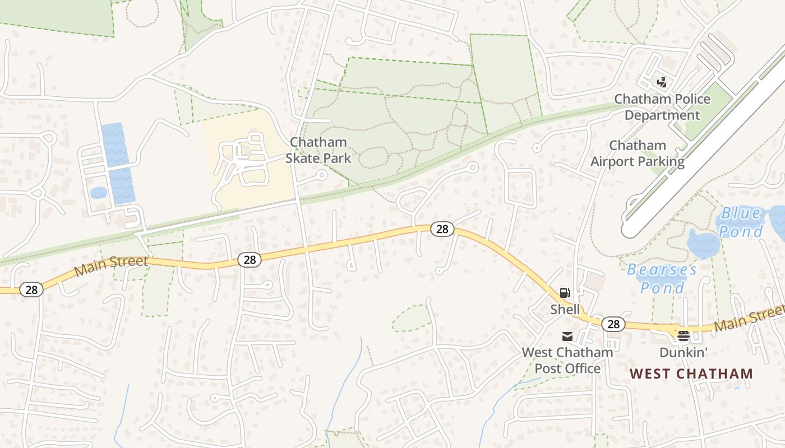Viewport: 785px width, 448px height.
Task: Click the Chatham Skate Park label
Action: pos(318,150)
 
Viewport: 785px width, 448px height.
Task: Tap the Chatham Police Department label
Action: pos(662,107)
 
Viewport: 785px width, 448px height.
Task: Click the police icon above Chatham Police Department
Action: pos(662,82)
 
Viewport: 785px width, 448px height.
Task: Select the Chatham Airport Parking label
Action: pos(638,153)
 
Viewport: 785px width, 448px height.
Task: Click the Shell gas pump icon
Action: pos(565,293)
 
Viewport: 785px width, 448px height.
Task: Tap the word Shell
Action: pos(565,309)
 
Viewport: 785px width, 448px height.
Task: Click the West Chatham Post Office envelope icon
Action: pos(567,337)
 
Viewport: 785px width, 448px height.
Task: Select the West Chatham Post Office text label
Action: pos(567,360)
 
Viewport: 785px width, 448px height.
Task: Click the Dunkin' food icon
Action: pos(683,336)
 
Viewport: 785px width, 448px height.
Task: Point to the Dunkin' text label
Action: pos(683,352)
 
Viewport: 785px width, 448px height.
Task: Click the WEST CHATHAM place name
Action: pos(691,374)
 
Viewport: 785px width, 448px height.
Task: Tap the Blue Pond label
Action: pos(741,222)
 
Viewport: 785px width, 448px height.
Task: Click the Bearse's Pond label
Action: pos(662,278)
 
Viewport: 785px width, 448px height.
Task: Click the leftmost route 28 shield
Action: pos(31,290)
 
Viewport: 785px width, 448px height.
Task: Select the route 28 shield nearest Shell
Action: pos(613,324)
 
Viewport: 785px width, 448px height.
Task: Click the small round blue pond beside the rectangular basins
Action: pos(98,193)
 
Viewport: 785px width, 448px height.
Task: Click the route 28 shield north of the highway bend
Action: pos(442,228)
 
